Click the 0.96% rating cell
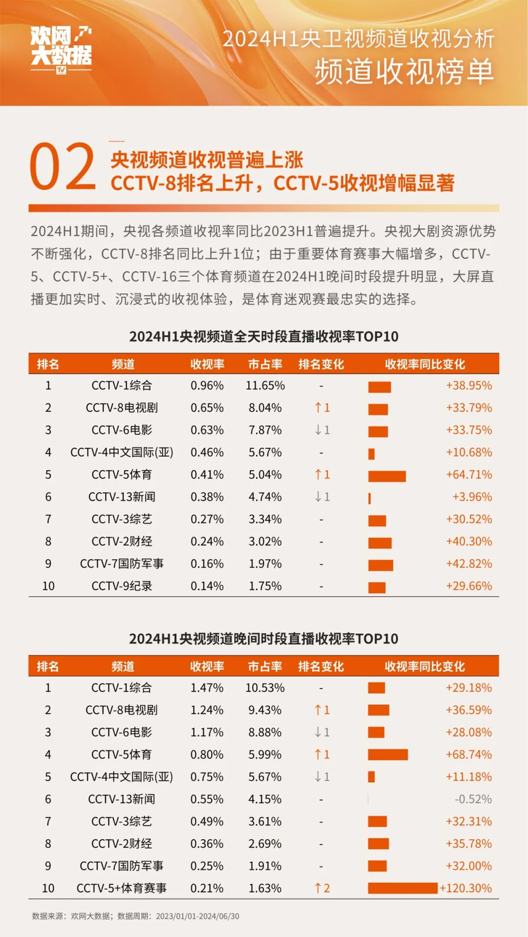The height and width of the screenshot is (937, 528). pos(207,386)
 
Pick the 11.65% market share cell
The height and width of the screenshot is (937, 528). pos(266,386)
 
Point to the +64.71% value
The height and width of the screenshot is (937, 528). pos(468,475)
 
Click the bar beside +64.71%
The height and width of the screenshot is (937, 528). pos(387,475)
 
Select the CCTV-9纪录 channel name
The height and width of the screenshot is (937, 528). pos(121,586)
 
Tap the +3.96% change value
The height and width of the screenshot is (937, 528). pos(471,497)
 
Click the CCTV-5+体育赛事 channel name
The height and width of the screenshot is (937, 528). pos(121,888)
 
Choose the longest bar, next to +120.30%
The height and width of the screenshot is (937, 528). pos(403,888)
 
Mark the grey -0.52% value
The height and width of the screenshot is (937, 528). pos(473,799)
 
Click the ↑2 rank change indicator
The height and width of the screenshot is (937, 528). pos(321,888)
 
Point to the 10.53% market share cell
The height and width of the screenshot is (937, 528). pos(266,688)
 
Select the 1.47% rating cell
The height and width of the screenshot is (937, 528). pos(207,688)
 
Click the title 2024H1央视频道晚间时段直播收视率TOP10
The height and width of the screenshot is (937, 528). pos(263,638)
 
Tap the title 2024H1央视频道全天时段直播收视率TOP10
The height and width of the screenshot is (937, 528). pos(263,336)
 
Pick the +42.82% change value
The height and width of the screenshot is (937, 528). pos(468,564)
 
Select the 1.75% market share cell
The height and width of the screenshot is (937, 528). pos(266,586)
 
